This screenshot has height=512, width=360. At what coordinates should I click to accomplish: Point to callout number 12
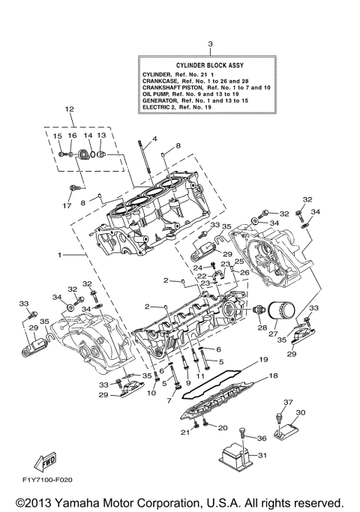69,109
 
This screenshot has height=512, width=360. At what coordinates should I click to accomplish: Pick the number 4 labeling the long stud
154,139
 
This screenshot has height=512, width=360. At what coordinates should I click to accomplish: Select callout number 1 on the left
59,255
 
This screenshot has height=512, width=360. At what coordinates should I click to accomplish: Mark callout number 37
287,402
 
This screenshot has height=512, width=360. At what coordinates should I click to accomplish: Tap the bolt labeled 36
243,431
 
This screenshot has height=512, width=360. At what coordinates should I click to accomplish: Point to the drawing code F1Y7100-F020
48,479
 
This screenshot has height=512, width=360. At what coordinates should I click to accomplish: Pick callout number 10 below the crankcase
151,393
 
